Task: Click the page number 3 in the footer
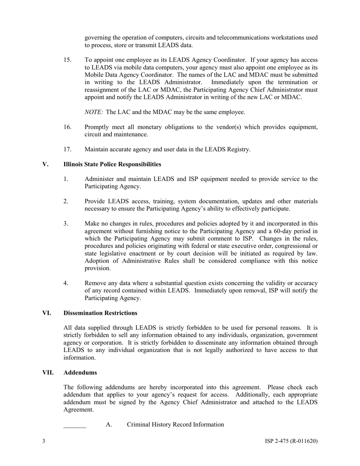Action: [44, 441]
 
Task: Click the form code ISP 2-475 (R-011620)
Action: [291, 441]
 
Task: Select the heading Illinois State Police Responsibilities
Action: [112, 164]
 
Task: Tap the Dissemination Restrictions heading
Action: [100, 313]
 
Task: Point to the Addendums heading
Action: [80, 372]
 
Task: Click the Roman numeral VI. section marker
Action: [47, 313]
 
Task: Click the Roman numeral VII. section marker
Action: [48, 372]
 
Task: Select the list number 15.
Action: [67, 60]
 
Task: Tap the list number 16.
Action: [67, 127]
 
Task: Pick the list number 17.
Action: [67, 149]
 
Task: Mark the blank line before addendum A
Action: [75, 425]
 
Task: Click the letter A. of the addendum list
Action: [109, 424]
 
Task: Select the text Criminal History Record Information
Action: [175, 424]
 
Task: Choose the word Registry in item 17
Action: [238, 149]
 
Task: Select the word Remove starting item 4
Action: [95, 283]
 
